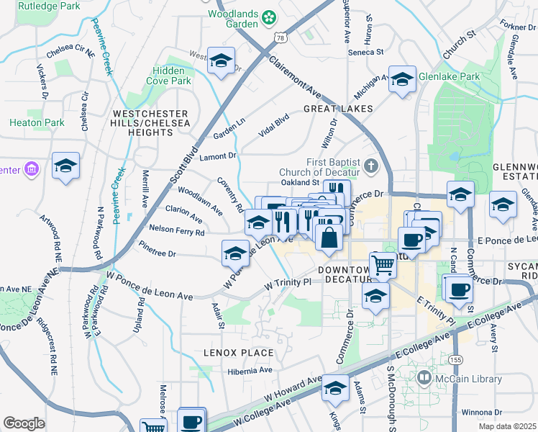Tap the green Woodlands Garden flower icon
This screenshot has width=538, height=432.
[268, 16]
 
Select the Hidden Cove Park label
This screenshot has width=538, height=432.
[171, 76]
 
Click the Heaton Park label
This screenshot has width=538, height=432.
[37, 122]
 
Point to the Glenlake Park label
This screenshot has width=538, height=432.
[450, 77]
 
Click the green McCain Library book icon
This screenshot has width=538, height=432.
[424, 377]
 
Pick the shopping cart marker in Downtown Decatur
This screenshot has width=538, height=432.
[383, 265]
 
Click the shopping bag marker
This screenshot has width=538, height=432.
[329, 238]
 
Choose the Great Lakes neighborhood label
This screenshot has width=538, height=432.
[337, 109]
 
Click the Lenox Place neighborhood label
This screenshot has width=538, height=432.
[228, 353]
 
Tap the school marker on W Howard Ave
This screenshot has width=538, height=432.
[334, 388]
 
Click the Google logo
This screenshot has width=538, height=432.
[24, 423]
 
